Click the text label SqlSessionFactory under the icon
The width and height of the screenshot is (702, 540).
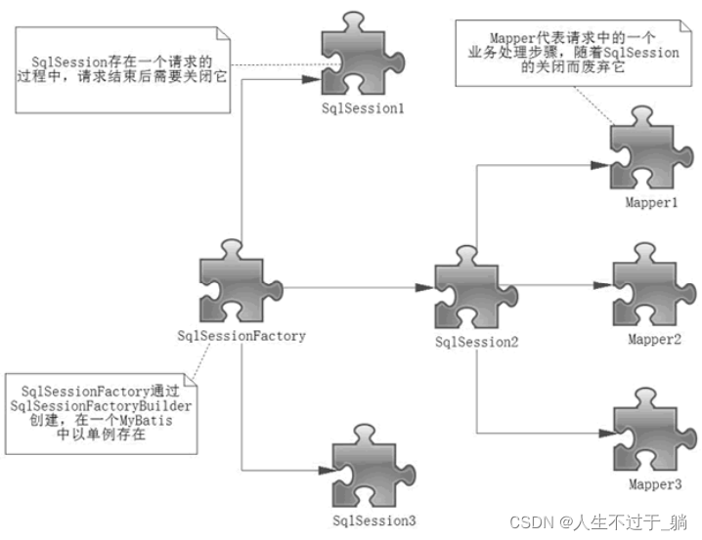(241, 336)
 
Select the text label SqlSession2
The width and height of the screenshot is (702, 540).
(476, 342)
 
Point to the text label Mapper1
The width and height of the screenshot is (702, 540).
(652, 201)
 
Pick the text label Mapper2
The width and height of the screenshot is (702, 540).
(653, 339)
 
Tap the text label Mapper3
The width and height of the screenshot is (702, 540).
(653, 482)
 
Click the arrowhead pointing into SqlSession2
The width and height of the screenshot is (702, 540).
(422, 287)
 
